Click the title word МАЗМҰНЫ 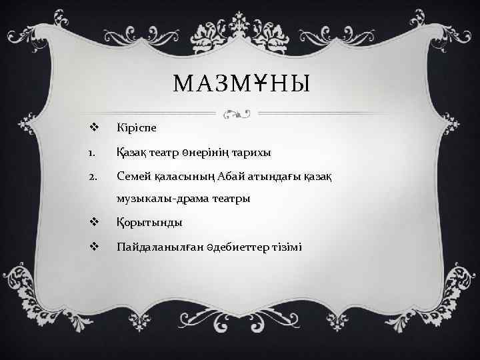(x=242, y=84)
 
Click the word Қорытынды (x=149, y=222)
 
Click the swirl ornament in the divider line (x=237, y=114)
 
